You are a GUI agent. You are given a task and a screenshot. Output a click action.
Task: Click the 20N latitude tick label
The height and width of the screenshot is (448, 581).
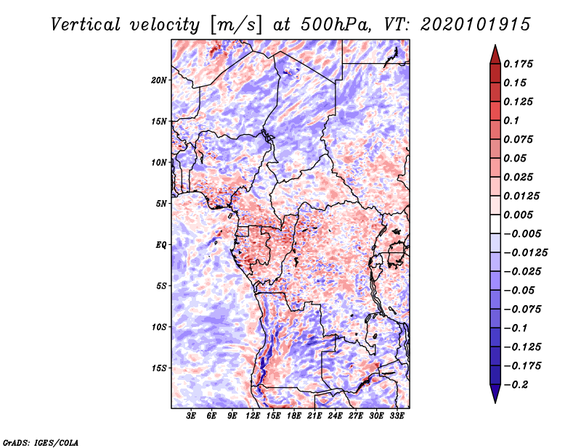point(159,80)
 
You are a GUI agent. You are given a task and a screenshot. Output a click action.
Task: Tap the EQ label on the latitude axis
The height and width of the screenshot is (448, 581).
point(161,245)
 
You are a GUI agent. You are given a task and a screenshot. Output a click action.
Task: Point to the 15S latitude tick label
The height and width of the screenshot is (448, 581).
point(159,368)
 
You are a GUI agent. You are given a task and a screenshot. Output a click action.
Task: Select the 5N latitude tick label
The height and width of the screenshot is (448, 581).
point(161,204)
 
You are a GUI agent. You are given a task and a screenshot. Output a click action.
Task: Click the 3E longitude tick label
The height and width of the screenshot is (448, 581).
point(191,416)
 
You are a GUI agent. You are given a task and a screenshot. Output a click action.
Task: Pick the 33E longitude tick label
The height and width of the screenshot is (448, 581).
point(397,416)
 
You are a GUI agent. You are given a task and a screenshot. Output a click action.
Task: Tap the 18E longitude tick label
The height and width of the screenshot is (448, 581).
point(294,416)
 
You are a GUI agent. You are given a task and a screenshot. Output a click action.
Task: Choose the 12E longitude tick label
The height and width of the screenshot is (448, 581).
point(253,416)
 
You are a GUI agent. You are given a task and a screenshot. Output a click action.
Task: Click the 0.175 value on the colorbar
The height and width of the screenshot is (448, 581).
point(518,64)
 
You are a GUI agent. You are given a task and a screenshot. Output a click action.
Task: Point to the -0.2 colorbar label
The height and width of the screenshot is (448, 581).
point(516,385)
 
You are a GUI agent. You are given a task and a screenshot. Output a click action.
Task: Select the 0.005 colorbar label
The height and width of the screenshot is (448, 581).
point(518,215)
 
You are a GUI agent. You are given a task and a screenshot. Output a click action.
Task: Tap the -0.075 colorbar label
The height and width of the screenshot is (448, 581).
point(522,310)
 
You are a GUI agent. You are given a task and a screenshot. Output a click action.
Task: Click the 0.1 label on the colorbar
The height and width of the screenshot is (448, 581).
point(511,120)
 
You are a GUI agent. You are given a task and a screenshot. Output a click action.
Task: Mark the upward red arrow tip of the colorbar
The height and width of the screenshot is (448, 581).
point(495,45)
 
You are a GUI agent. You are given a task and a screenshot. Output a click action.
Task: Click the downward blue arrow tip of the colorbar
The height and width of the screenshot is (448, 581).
point(495,402)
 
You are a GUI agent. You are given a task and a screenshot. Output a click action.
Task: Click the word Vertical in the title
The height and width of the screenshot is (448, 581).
point(86,25)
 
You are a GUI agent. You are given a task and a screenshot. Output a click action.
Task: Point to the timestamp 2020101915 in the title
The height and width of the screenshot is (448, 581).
point(476,25)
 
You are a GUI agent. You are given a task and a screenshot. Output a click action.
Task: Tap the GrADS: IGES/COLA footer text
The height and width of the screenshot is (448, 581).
point(41,442)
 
